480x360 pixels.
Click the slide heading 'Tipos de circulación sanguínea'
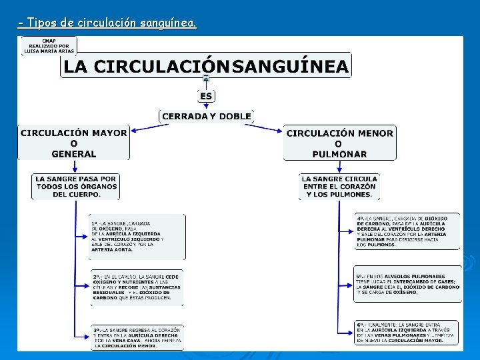(x=107, y=23)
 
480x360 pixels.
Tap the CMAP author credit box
(x=49, y=45)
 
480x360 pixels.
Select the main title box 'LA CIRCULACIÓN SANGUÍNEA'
(x=206, y=66)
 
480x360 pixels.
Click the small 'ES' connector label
(x=206, y=96)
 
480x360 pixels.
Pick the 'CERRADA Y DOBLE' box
(x=207, y=117)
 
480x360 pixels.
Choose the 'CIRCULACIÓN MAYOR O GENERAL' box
(x=73, y=143)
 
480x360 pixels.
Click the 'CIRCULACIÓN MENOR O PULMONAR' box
(x=339, y=143)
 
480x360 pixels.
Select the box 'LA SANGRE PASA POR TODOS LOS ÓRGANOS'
(x=76, y=187)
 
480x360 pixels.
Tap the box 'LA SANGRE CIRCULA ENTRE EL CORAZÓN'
(x=339, y=187)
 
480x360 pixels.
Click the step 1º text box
(x=138, y=237)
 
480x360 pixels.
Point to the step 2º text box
(x=137, y=287)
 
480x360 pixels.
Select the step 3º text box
(x=137, y=337)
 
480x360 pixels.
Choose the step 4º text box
(x=407, y=231)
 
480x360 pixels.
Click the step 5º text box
(x=407, y=284)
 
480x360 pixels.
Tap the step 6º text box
(x=407, y=332)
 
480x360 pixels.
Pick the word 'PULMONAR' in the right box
(x=339, y=154)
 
